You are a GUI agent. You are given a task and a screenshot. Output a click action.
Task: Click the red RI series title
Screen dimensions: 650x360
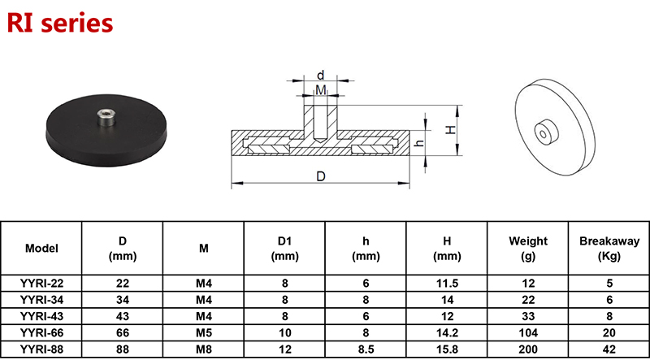click(x=60, y=24)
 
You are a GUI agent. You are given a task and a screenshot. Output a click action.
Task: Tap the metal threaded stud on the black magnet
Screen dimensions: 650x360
click(x=104, y=118)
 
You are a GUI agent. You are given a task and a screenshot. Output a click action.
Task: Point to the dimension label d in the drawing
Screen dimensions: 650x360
click(x=320, y=75)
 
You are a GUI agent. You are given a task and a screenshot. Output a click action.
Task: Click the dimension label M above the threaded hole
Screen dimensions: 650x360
click(x=321, y=89)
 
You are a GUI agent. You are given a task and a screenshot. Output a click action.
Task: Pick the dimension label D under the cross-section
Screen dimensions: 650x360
click(x=321, y=176)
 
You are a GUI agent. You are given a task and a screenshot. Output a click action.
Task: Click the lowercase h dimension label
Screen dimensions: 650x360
click(x=419, y=143)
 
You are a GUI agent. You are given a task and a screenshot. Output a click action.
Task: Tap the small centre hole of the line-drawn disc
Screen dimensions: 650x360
click(x=543, y=133)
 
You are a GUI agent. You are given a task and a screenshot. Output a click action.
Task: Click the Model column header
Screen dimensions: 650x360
click(x=41, y=249)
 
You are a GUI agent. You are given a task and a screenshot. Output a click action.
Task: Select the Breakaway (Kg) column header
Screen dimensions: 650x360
click(x=609, y=249)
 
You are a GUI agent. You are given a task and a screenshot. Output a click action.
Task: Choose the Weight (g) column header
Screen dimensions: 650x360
click(x=528, y=249)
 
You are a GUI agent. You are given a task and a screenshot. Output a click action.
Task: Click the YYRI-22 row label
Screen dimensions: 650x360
click(x=41, y=284)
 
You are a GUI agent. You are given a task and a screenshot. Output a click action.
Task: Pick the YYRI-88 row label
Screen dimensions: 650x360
click(x=41, y=349)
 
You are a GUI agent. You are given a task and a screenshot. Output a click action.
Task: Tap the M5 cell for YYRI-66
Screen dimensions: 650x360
click(x=204, y=332)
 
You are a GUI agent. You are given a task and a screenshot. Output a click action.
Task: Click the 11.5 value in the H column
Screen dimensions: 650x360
click(x=447, y=284)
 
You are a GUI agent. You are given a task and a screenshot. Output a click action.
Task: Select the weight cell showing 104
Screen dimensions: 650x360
click(x=528, y=332)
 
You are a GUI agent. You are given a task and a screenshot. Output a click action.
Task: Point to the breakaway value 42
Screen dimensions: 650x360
click(x=609, y=349)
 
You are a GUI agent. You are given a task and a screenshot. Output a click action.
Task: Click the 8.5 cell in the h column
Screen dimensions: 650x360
click(x=366, y=349)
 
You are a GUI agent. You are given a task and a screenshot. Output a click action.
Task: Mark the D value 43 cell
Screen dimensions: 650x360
click(x=123, y=316)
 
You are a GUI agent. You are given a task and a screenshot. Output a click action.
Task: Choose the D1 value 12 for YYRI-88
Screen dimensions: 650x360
click(x=285, y=349)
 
